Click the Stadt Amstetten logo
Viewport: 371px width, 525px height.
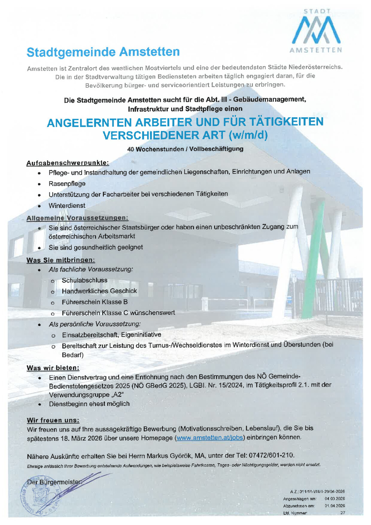pyautogui.click(x=316, y=31)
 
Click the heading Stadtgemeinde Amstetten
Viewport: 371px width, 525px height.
pyautogui.click(x=103, y=52)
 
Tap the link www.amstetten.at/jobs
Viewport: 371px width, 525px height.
pyautogui.click(x=209, y=438)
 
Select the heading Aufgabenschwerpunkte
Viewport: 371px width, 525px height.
pyautogui.click(x=68, y=163)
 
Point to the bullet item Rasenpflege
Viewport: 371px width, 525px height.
pyautogui.click(x=67, y=183)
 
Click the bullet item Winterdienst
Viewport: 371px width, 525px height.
pyautogui.click(x=67, y=205)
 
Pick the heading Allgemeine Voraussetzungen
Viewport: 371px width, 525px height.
pyautogui.click(x=77, y=218)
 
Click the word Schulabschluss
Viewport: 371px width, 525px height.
pyautogui.click(x=84, y=280)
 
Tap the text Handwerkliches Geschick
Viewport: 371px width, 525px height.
pyautogui.click(x=99, y=291)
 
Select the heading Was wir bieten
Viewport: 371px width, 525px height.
pyautogui.click(x=53, y=368)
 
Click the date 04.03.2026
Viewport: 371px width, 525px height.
pyautogui.click(x=334, y=499)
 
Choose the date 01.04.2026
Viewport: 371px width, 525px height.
pyautogui.click(x=334, y=506)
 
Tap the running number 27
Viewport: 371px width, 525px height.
pyautogui.click(x=343, y=513)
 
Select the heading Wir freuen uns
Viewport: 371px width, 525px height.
pyautogui.click(x=53, y=420)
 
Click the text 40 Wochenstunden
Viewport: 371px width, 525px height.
pyautogui.click(x=155, y=149)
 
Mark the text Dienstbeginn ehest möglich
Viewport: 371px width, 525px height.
pyautogui.click(x=89, y=404)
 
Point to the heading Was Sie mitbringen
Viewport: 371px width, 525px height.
pyautogui.click(x=60, y=260)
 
